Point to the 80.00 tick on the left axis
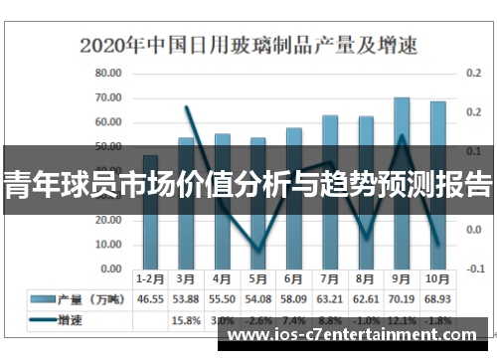pos(107,74)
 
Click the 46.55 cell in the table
pos(150,298)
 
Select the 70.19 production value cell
pos(402,298)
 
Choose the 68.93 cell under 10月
pos(437,298)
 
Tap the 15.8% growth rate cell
pos(187,320)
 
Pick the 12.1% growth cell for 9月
pos(402,320)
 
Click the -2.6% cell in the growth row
pos(258,320)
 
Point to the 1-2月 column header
pos(150,278)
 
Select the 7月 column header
pos(330,278)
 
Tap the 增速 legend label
pos(72,320)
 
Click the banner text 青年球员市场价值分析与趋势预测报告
pos(248,184)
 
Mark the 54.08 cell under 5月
pos(258,298)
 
